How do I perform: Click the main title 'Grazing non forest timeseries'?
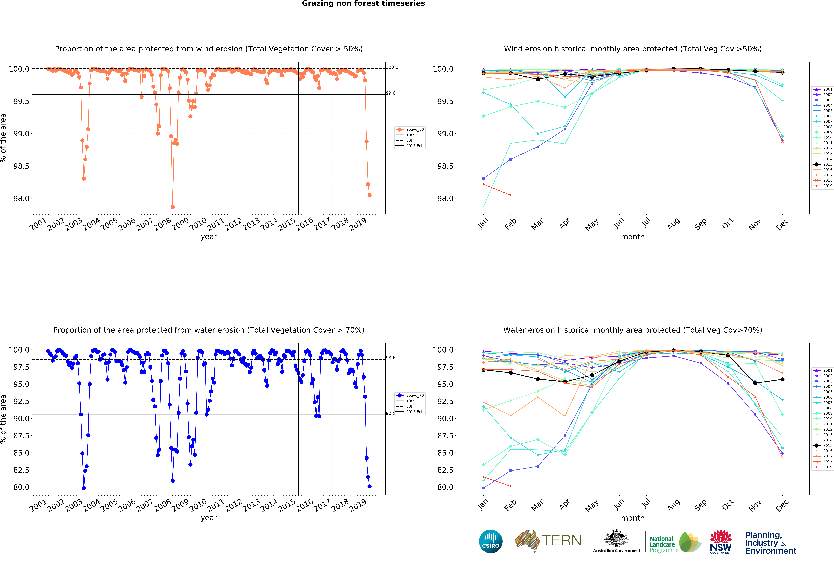[x=363, y=4]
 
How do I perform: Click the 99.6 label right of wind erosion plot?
[x=390, y=93]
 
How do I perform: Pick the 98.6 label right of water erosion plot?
[x=390, y=358]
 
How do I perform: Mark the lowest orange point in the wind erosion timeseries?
[x=173, y=207]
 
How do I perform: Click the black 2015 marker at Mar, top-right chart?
[x=538, y=79]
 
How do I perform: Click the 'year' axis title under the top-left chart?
[x=209, y=237]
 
